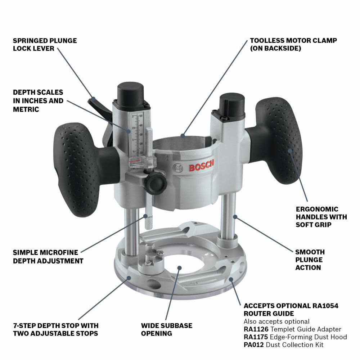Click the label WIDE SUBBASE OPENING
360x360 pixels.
pyautogui.click(x=167, y=329)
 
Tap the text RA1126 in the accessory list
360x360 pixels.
pyautogui.click(x=255, y=329)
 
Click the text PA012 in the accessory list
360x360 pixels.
pyautogui.click(x=253, y=345)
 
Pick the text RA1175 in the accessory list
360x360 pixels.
pyautogui.click(x=255, y=337)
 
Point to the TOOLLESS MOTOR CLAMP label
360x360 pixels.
pyautogui.click(x=293, y=44)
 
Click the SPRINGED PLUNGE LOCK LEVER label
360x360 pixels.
pyautogui.click(x=45, y=44)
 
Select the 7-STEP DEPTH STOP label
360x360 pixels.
pyautogui.click(x=55, y=329)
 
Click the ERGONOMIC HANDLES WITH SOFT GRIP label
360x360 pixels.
pyautogui.click(x=321, y=217)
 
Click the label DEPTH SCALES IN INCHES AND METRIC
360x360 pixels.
pyautogui.click(x=38, y=101)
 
